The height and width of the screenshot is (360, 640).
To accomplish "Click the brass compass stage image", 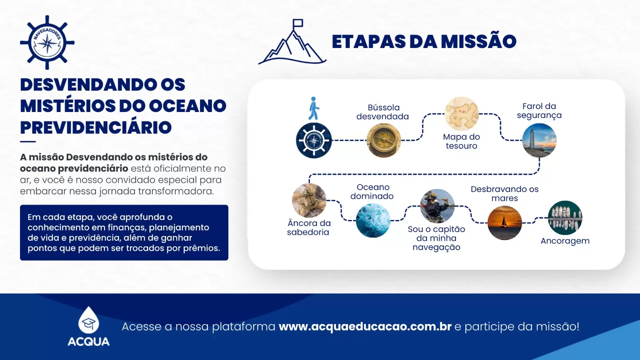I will (x=384, y=140).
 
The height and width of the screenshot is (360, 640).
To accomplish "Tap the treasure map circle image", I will (x=462, y=114).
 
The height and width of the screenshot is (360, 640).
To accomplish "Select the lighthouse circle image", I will (x=539, y=140).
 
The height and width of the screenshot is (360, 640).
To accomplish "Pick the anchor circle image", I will (x=309, y=200).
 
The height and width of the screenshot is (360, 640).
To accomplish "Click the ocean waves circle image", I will (x=373, y=220).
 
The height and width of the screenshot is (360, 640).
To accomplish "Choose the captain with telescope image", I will (x=437, y=206).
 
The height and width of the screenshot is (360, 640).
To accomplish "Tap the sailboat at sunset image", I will (x=504, y=223).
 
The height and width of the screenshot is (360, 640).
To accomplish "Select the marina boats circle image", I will (x=565, y=218).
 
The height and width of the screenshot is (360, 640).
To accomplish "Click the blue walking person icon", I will (x=314, y=108).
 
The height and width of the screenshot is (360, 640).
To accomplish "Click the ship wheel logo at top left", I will (x=47, y=42).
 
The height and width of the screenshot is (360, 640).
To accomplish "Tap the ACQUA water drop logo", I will (x=88, y=321).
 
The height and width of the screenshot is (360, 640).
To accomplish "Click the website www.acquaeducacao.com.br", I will (x=365, y=326).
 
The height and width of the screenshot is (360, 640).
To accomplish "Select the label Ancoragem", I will (x=565, y=241).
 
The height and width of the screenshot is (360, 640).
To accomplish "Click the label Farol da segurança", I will (x=539, y=111).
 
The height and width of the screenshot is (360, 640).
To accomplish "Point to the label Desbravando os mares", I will (x=504, y=194).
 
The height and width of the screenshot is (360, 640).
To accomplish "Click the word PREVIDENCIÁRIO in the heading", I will (x=96, y=128).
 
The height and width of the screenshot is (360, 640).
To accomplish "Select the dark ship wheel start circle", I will (x=314, y=140).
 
